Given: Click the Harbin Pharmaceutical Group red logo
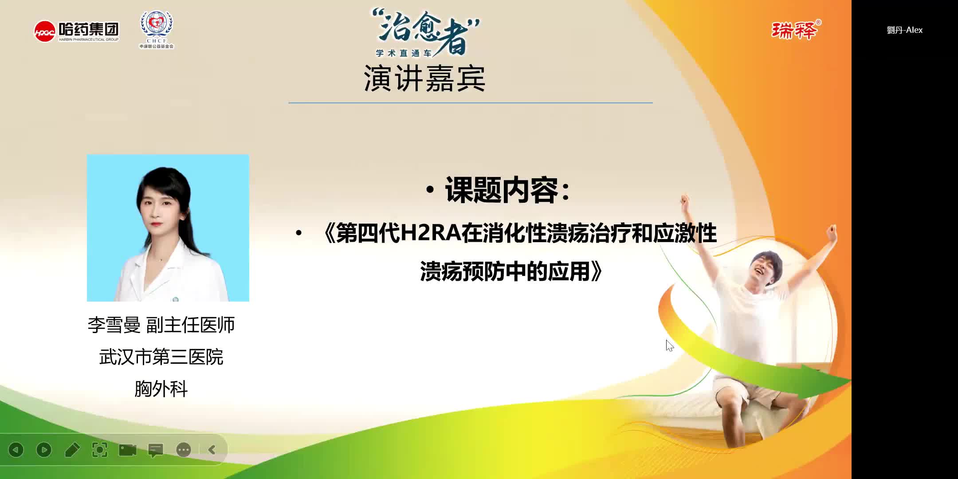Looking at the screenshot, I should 45,31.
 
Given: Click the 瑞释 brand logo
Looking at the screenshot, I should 795,30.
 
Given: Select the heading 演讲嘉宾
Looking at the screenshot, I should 424,79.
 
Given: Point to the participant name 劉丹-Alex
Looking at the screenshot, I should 904,30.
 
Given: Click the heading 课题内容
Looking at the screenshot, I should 501,190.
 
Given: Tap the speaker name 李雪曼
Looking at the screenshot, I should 114,325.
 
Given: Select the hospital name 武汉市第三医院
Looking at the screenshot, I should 161,357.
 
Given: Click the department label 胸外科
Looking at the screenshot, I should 161,389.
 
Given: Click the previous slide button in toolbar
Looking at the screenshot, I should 16,450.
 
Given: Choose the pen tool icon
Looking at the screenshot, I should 72,450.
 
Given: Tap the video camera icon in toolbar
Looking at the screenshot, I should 128,450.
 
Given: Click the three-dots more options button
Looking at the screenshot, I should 184,450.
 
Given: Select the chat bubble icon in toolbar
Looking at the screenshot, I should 156,450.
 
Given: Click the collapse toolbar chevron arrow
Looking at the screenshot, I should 212,450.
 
